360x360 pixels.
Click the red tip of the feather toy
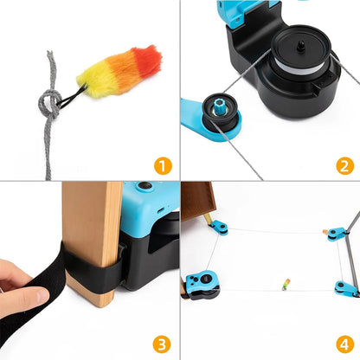(x=152, y=58)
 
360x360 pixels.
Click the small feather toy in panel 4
(x=286, y=283)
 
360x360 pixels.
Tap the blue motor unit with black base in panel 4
(x=201, y=286)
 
